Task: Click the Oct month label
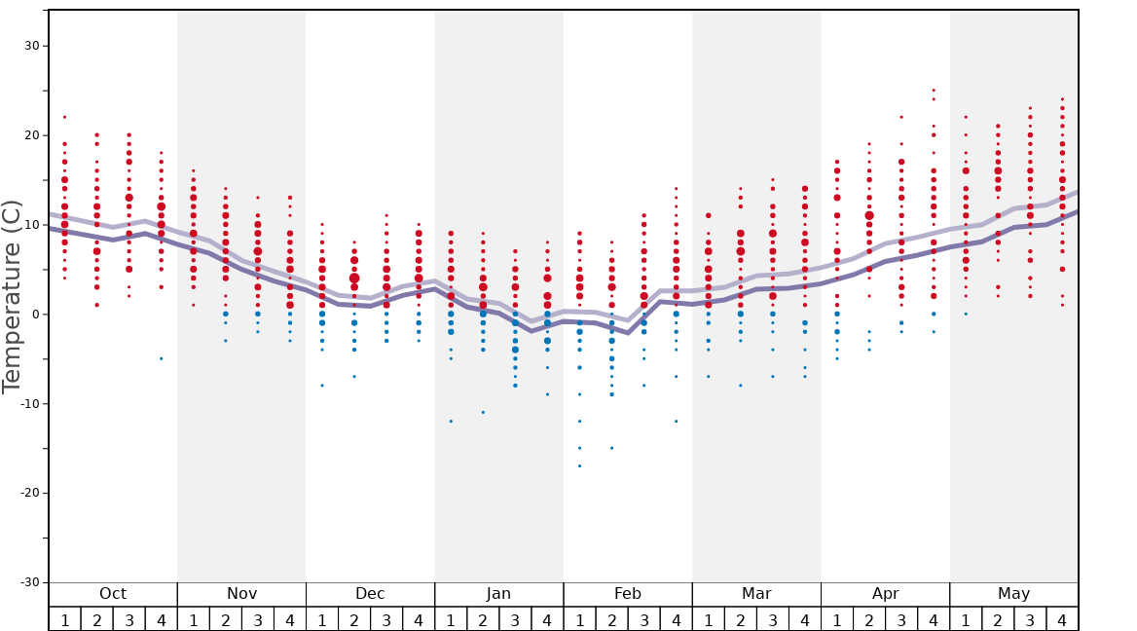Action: pos(113,594)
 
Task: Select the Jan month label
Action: pos(498,594)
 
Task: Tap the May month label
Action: pos(1013,594)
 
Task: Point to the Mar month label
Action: pos(756,594)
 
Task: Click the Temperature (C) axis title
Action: pos(12,296)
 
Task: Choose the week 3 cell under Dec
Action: pos(386,619)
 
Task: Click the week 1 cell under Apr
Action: pos(837,619)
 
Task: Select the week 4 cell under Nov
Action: pos(290,619)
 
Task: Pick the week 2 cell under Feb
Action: pos(611,619)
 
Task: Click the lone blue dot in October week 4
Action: pos(162,358)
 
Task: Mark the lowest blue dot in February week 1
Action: pos(579,465)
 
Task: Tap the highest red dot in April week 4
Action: pos(934,91)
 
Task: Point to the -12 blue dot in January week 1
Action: pos(451,421)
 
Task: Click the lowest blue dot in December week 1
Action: pos(322,386)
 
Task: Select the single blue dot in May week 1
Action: pos(966,314)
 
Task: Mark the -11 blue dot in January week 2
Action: pos(483,412)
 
